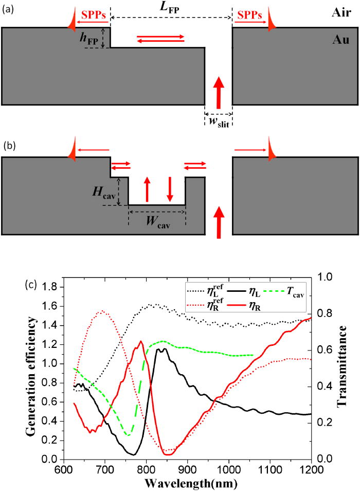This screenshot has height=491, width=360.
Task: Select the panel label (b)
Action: [7, 145]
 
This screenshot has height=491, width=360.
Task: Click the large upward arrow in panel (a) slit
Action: [219, 92]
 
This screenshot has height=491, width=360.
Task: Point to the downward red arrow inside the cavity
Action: [170, 191]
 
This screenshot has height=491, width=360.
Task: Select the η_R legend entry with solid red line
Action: [276, 307]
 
